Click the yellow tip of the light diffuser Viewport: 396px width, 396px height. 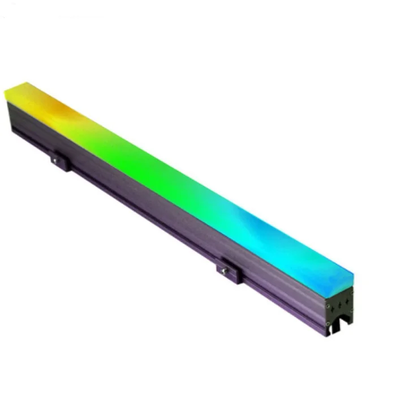click(14, 91)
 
